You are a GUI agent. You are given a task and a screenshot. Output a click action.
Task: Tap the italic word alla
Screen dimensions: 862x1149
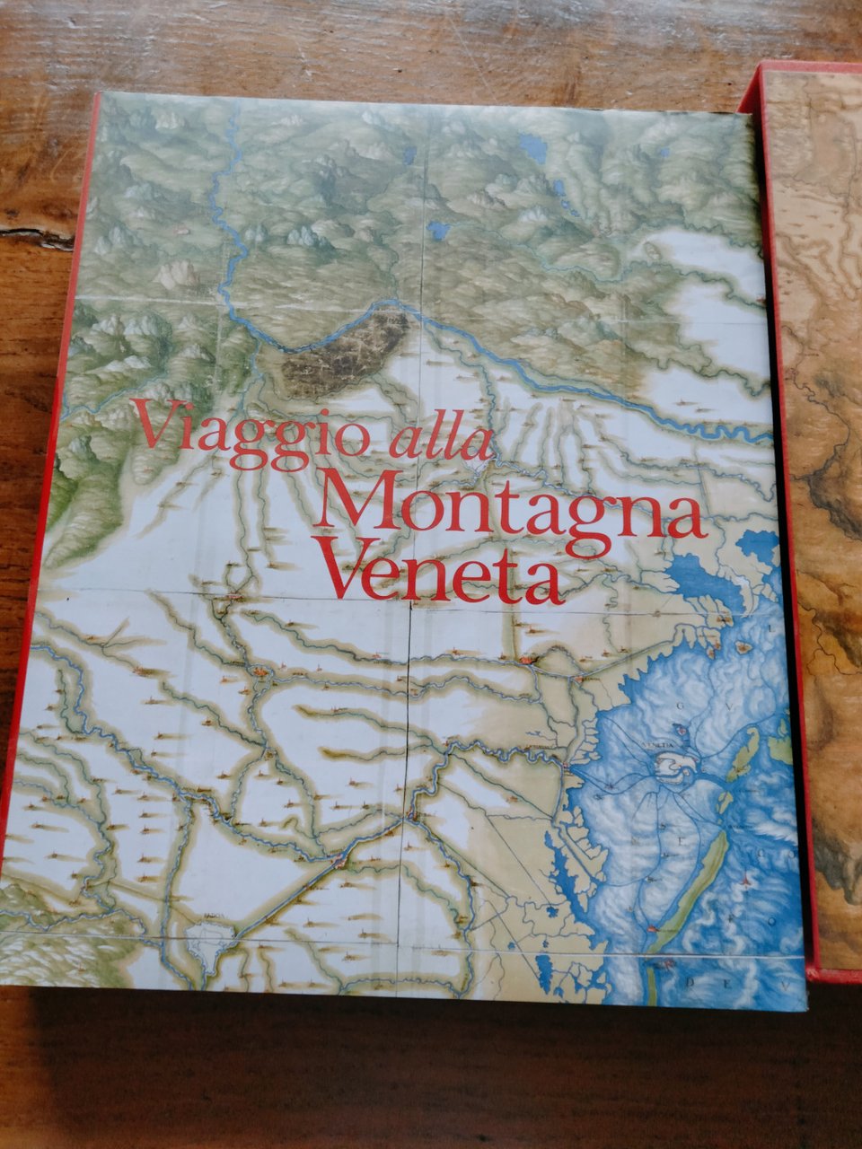click(441, 440)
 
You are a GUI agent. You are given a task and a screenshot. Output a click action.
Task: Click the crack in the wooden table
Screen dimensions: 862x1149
click(36, 236)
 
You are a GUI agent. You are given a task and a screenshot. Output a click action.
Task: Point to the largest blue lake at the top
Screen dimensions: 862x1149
click(534, 148)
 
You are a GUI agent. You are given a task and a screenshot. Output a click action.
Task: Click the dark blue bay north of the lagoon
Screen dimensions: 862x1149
click(709, 574)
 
